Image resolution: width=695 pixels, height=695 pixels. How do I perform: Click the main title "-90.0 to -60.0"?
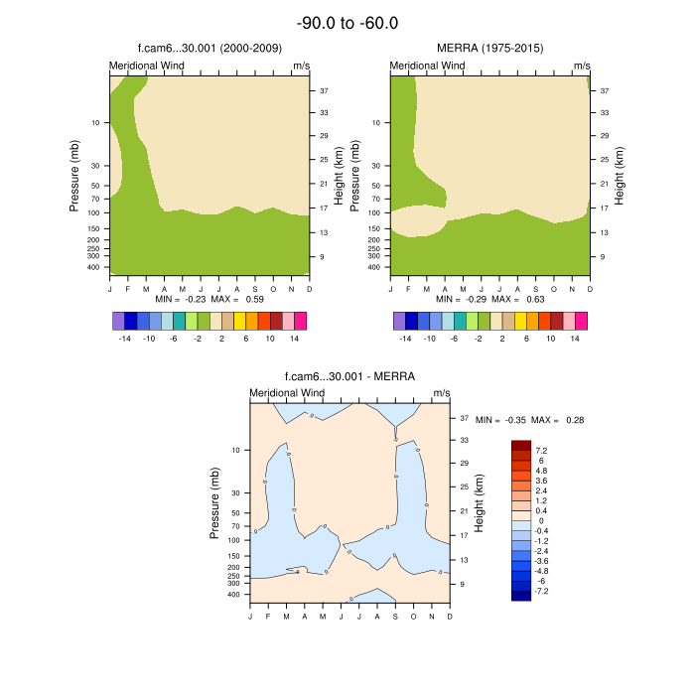(x=347, y=23)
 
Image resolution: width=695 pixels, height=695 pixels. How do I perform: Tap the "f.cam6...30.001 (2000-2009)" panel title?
(x=208, y=48)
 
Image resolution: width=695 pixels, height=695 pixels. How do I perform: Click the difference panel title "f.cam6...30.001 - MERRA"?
(x=348, y=376)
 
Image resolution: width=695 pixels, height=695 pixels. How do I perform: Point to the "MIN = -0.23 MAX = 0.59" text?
(x=208, y=299)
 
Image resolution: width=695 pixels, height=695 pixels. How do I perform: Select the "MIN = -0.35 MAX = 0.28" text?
(x=529, y=420)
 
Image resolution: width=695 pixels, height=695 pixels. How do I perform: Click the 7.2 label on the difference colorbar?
(x=541, y=450)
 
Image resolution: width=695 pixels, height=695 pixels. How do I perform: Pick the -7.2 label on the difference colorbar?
(x=542, y=591)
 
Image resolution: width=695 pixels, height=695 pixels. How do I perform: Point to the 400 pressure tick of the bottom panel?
(x=233, y=595)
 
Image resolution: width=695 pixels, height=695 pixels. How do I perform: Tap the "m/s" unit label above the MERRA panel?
(x=581, y=66)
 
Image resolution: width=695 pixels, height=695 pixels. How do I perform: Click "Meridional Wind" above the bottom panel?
(x=287, y=393)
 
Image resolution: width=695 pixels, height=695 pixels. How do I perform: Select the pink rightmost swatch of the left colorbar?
(x=301, y=321)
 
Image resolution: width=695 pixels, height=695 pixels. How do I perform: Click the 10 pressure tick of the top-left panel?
(x=96, y=123)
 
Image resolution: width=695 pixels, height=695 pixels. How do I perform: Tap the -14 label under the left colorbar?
(x=125, y=339)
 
